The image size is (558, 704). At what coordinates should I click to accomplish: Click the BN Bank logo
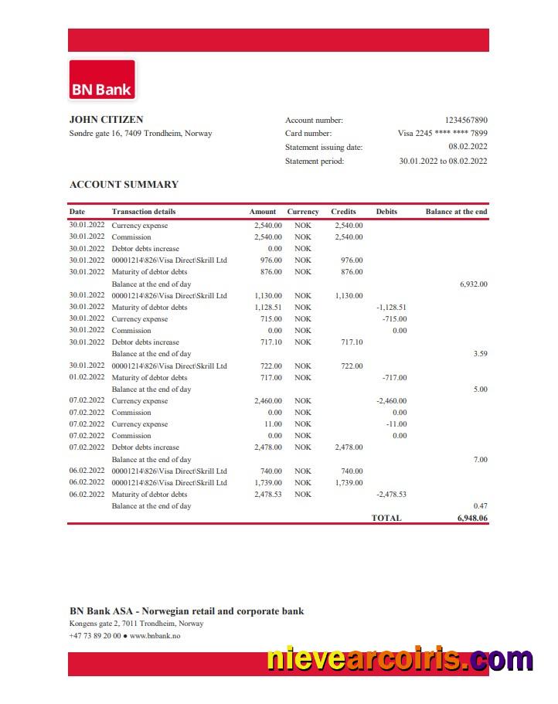[102, 80]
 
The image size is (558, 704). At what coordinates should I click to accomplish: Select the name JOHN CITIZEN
[106, 120]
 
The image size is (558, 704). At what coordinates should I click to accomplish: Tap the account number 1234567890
[466, 121]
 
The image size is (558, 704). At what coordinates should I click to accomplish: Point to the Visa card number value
[442, 134]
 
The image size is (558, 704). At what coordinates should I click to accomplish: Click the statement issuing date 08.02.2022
[468, 147]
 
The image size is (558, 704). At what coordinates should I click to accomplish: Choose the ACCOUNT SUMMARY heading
[124, 185]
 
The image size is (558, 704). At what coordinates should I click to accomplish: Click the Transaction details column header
[144, 212]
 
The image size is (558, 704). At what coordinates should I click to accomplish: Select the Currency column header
[303, 212]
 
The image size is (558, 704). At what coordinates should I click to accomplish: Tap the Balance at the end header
[456, 212]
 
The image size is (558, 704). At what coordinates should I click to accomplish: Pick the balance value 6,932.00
[473, 284]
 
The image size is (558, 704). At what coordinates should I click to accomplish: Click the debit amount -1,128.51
[392, 308]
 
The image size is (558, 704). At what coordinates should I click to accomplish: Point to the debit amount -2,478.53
[392, 495]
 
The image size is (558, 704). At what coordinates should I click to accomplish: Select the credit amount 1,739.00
[349, 483]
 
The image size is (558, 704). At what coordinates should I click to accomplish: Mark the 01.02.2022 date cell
[87, 378]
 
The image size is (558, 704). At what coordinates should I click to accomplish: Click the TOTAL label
[386, 518]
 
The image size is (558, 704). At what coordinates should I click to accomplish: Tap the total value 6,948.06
[472, 518]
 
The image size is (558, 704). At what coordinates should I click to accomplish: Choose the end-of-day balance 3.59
[480, 354]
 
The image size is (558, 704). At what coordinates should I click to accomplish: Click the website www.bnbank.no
[155, 636]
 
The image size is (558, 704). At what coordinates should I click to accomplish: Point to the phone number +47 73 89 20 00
[95, 636]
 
